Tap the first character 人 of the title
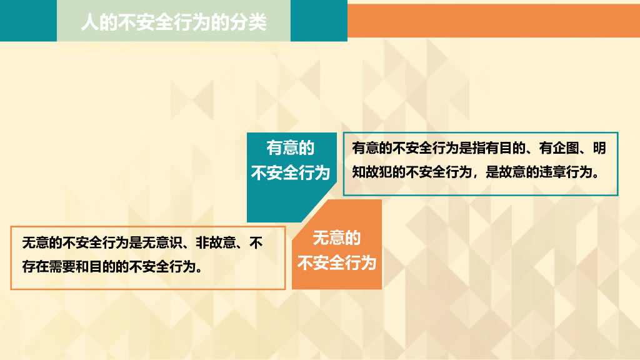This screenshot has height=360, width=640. coord(90,22)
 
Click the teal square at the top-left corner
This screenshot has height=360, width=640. coord(28,21)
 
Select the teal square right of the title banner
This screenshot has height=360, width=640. coord(319,21)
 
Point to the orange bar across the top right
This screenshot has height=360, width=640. coord(494,21)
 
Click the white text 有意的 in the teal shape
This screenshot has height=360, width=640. coord(291,147)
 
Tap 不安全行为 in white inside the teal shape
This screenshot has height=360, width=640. coord(291,173)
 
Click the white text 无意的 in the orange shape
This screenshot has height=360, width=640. coord(337,238)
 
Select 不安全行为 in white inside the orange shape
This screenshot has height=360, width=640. coord(337,263)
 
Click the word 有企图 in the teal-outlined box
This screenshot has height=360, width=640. coord(559,147)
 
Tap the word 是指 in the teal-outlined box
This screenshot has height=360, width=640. coord(472,147)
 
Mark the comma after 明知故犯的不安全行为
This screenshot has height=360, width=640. coord(476,176)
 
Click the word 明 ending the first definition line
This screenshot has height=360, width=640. coord(599,147)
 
